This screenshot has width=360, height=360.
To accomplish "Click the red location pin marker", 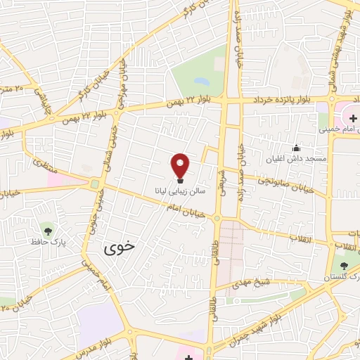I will tap(181, 166).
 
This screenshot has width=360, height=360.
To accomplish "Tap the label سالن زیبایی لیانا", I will tap(181, 191).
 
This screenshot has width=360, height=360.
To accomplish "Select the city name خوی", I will tap(117, 247).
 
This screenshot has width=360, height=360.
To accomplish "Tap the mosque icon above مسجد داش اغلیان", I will tap(296, 148).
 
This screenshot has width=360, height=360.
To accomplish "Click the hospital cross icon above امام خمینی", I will tap(352, 117).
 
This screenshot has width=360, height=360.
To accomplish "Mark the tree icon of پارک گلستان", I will tap(344, 266).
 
